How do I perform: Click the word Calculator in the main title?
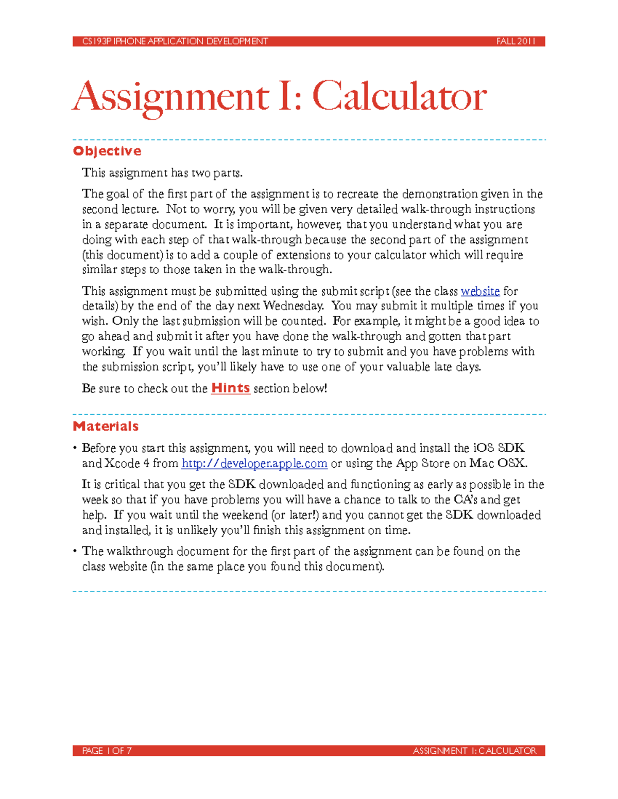(399, 96)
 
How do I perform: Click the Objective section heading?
(107, 151)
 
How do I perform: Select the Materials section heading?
(106, 427)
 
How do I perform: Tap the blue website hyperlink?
(480, 291)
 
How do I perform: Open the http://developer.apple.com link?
(254, 464)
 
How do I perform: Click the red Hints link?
(230, 388)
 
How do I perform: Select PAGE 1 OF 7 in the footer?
(107, 751)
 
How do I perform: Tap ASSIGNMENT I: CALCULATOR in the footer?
(474, 751)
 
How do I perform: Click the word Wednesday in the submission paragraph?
(294, 306)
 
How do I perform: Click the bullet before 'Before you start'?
(75, 448)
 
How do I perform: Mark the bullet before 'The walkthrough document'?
(75, 552)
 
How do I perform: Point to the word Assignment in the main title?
(171, 96)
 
